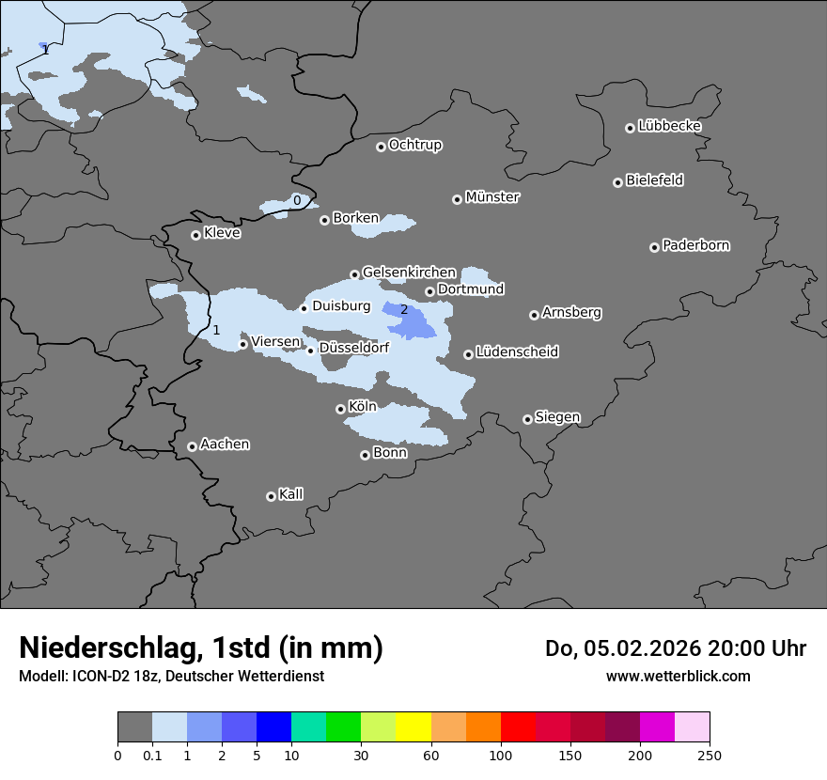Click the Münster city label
492,197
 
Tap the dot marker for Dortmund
429,291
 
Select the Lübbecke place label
669,126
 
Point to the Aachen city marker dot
192,446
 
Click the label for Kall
291,494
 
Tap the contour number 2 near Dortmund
404,309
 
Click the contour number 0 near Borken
297,200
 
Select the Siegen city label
557,417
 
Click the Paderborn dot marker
654,247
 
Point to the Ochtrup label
415,145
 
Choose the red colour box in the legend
518,727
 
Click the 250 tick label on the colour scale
710,755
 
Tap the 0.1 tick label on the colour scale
151,755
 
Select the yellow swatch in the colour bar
413,727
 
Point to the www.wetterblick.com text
678,676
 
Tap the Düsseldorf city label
354,348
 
